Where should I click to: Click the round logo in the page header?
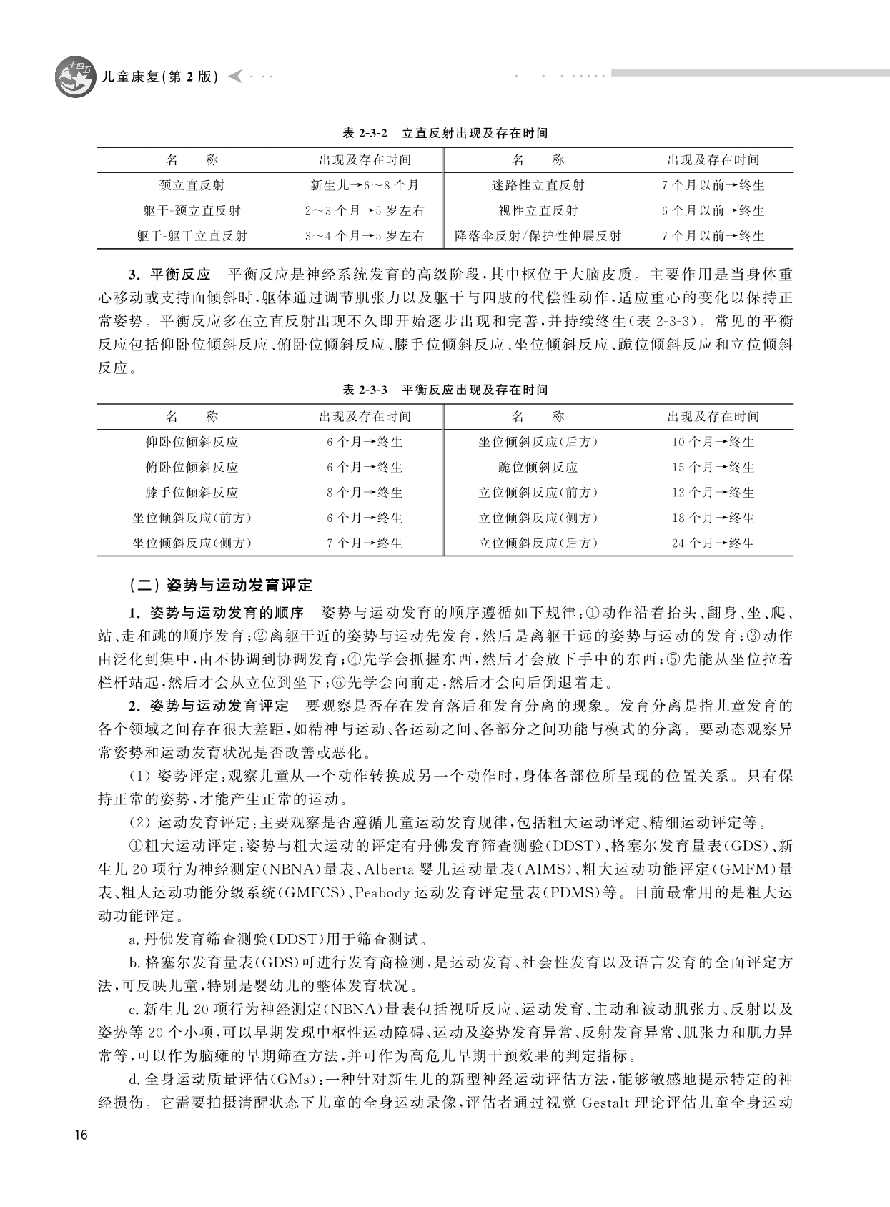(75, 77)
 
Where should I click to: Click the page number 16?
(81, 1135)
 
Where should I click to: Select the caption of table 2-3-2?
(445, 133)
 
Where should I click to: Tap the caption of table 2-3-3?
(445, 390)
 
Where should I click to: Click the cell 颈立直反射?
(192, 185)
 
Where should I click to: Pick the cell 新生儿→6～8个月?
(365, 185)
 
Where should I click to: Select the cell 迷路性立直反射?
(538, 185)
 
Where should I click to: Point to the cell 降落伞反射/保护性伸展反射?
(538, 236)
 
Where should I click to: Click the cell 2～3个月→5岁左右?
(365, 211)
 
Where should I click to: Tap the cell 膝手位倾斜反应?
(192, 493)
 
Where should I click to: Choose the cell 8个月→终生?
(365, 493)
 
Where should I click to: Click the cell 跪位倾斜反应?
(538, 468)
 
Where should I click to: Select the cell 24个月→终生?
(713, 543)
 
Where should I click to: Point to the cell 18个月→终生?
(713, 518)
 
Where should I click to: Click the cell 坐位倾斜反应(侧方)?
(192, 543)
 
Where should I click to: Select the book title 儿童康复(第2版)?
(160, 77)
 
